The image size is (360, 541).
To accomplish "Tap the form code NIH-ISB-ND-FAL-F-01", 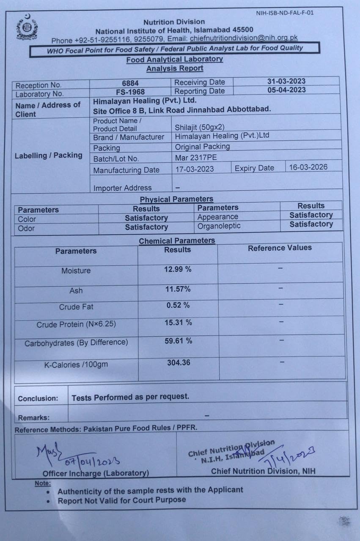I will pyautogui.click(x=285, y=13).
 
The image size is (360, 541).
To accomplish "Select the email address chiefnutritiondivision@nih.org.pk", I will pyautogui.click(x=244, y=38).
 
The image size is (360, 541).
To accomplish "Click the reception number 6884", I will pyautogui.click(x=130, y=83).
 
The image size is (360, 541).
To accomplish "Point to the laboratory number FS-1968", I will pyautogui.click(x=130, y=92).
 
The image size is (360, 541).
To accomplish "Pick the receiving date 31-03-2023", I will pyautogui.click(x=286, y=81).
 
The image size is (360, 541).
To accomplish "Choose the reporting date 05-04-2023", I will pyautogui.click(x=286, y=90).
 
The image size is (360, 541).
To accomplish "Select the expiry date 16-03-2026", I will pyautogui.click(x=308, y=167).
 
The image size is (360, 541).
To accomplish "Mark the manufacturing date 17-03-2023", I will pyautogui.click(x=195, y=169).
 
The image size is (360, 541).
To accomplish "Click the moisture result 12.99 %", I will pyautogui.click(x=178, y=269).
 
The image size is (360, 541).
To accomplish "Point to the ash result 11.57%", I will pyautogui.click(x=178, y=289).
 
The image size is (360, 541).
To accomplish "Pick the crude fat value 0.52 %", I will pyautogui.click(x=178, y=305).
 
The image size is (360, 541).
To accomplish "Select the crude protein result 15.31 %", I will pyautogui.click(x=178, y=322).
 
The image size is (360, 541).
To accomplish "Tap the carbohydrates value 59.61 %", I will pyautogui.click(x=178, y=341).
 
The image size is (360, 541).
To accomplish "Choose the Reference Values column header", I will pyautogui.click(x=280, y=248).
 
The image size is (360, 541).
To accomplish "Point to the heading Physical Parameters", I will pyautogui.click(x=176, y=199).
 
